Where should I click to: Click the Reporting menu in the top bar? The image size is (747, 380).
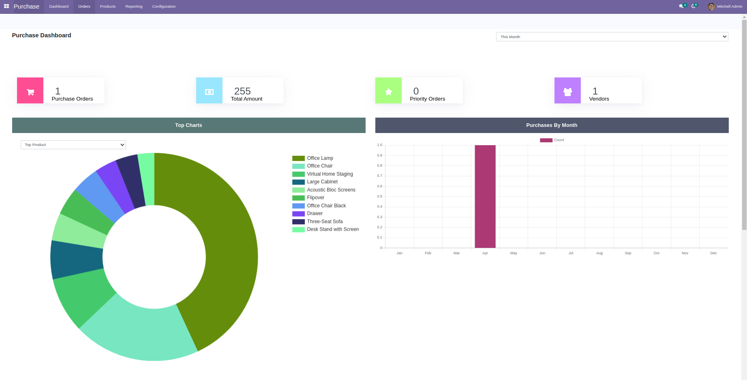tap(134, 6)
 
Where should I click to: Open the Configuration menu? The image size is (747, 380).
tap(164, 6)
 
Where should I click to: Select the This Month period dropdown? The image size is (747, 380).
tap(612, 37)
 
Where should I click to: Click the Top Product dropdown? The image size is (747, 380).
tap(73, 145)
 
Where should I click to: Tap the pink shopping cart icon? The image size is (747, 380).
tap(30, 90)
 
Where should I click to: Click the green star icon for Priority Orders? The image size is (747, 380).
tap(388, 90)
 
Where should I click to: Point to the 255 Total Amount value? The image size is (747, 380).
tap(242, 91)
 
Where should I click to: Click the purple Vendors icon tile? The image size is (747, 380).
tap(567, 90)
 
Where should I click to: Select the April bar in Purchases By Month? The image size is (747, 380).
tap(485, 196)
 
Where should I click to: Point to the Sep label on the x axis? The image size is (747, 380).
tap(628, 253)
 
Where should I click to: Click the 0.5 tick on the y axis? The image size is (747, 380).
tap(379, 196)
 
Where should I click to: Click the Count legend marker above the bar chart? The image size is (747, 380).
tap(546, 140)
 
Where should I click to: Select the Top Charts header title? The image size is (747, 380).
tap(188, 125)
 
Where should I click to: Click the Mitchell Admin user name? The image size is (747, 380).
tap(730, 6)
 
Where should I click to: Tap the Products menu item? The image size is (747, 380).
tap(108, 6)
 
